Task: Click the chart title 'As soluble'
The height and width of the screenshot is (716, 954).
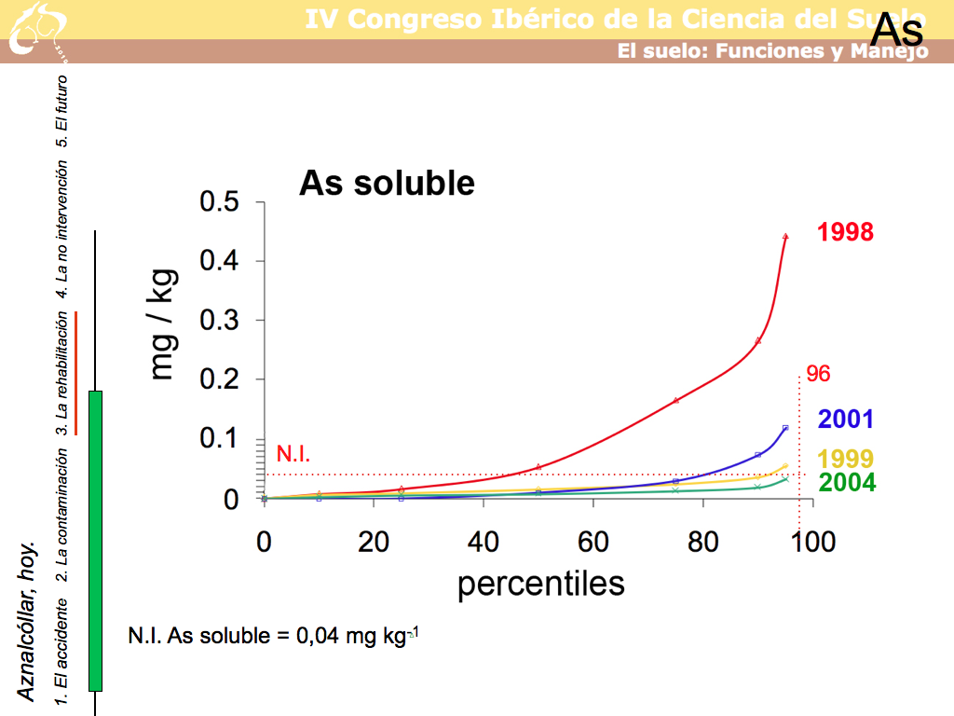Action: (387, 184)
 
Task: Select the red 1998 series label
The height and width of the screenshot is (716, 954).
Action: (846, 232)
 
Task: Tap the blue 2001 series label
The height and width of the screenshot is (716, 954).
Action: (846, 420)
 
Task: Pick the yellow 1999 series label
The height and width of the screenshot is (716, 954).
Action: (846, 459)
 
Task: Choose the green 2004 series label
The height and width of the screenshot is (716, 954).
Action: (846, 482)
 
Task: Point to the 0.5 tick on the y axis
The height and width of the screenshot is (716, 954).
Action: (220, 202)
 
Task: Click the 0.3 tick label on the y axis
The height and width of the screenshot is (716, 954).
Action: (220, 321)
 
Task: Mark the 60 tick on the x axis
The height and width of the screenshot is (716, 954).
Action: (593, 542)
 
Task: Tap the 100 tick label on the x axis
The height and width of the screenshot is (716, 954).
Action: (813, 542)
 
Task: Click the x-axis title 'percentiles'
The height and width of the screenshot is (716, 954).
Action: (540, 584)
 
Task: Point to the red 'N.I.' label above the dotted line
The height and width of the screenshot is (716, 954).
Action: (293, 455)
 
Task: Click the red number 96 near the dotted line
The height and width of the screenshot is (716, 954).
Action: (818, 375)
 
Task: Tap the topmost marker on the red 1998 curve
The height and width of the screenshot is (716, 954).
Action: (785, 237)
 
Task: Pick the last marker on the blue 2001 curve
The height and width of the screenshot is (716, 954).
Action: (785, 428)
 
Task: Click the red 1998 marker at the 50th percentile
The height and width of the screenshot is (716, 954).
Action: (538, 466)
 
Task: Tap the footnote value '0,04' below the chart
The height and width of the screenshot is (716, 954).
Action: (320, 637)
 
